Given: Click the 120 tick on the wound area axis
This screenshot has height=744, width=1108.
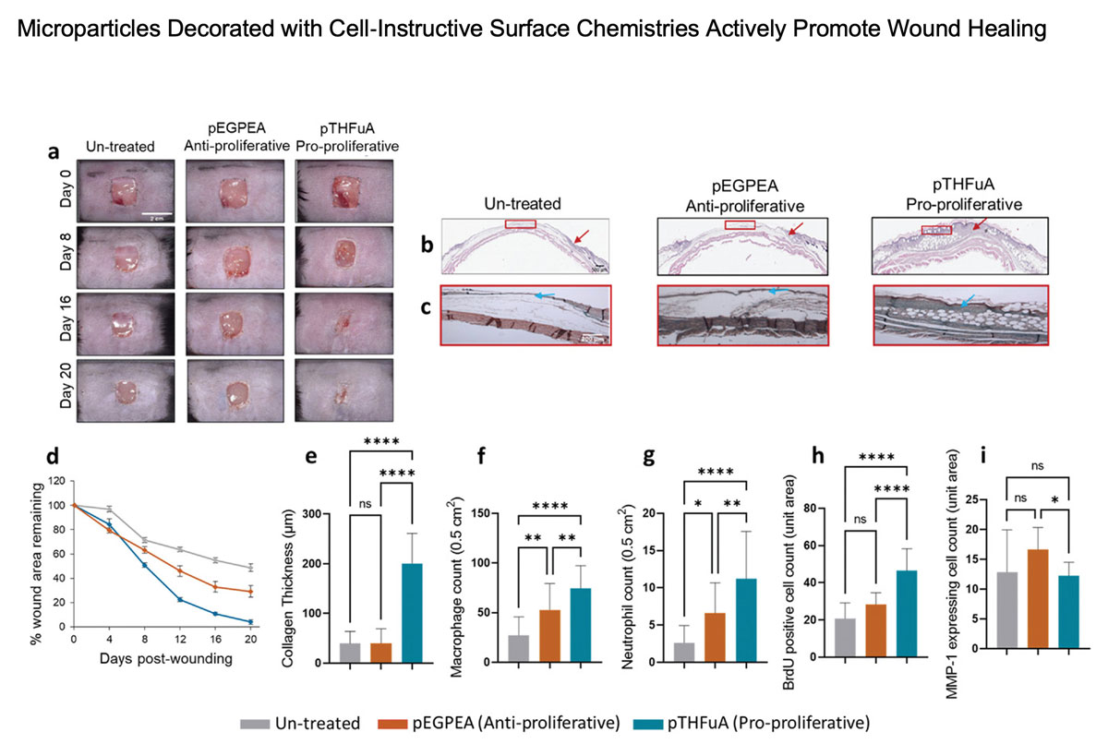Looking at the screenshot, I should click(60, 481).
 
